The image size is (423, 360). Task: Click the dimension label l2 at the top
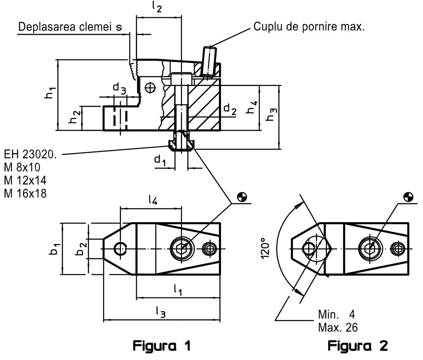tap(157, 7)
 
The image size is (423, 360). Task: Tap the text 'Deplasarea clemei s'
tap(70, 27)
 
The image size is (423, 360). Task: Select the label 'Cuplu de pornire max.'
tap(309, 28)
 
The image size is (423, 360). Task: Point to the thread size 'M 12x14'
tap(26, 180)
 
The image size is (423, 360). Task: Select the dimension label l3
tap(161, 313)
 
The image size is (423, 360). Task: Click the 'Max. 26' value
tap(338, 327)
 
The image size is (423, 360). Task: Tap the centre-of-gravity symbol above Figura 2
tap(408, 197)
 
